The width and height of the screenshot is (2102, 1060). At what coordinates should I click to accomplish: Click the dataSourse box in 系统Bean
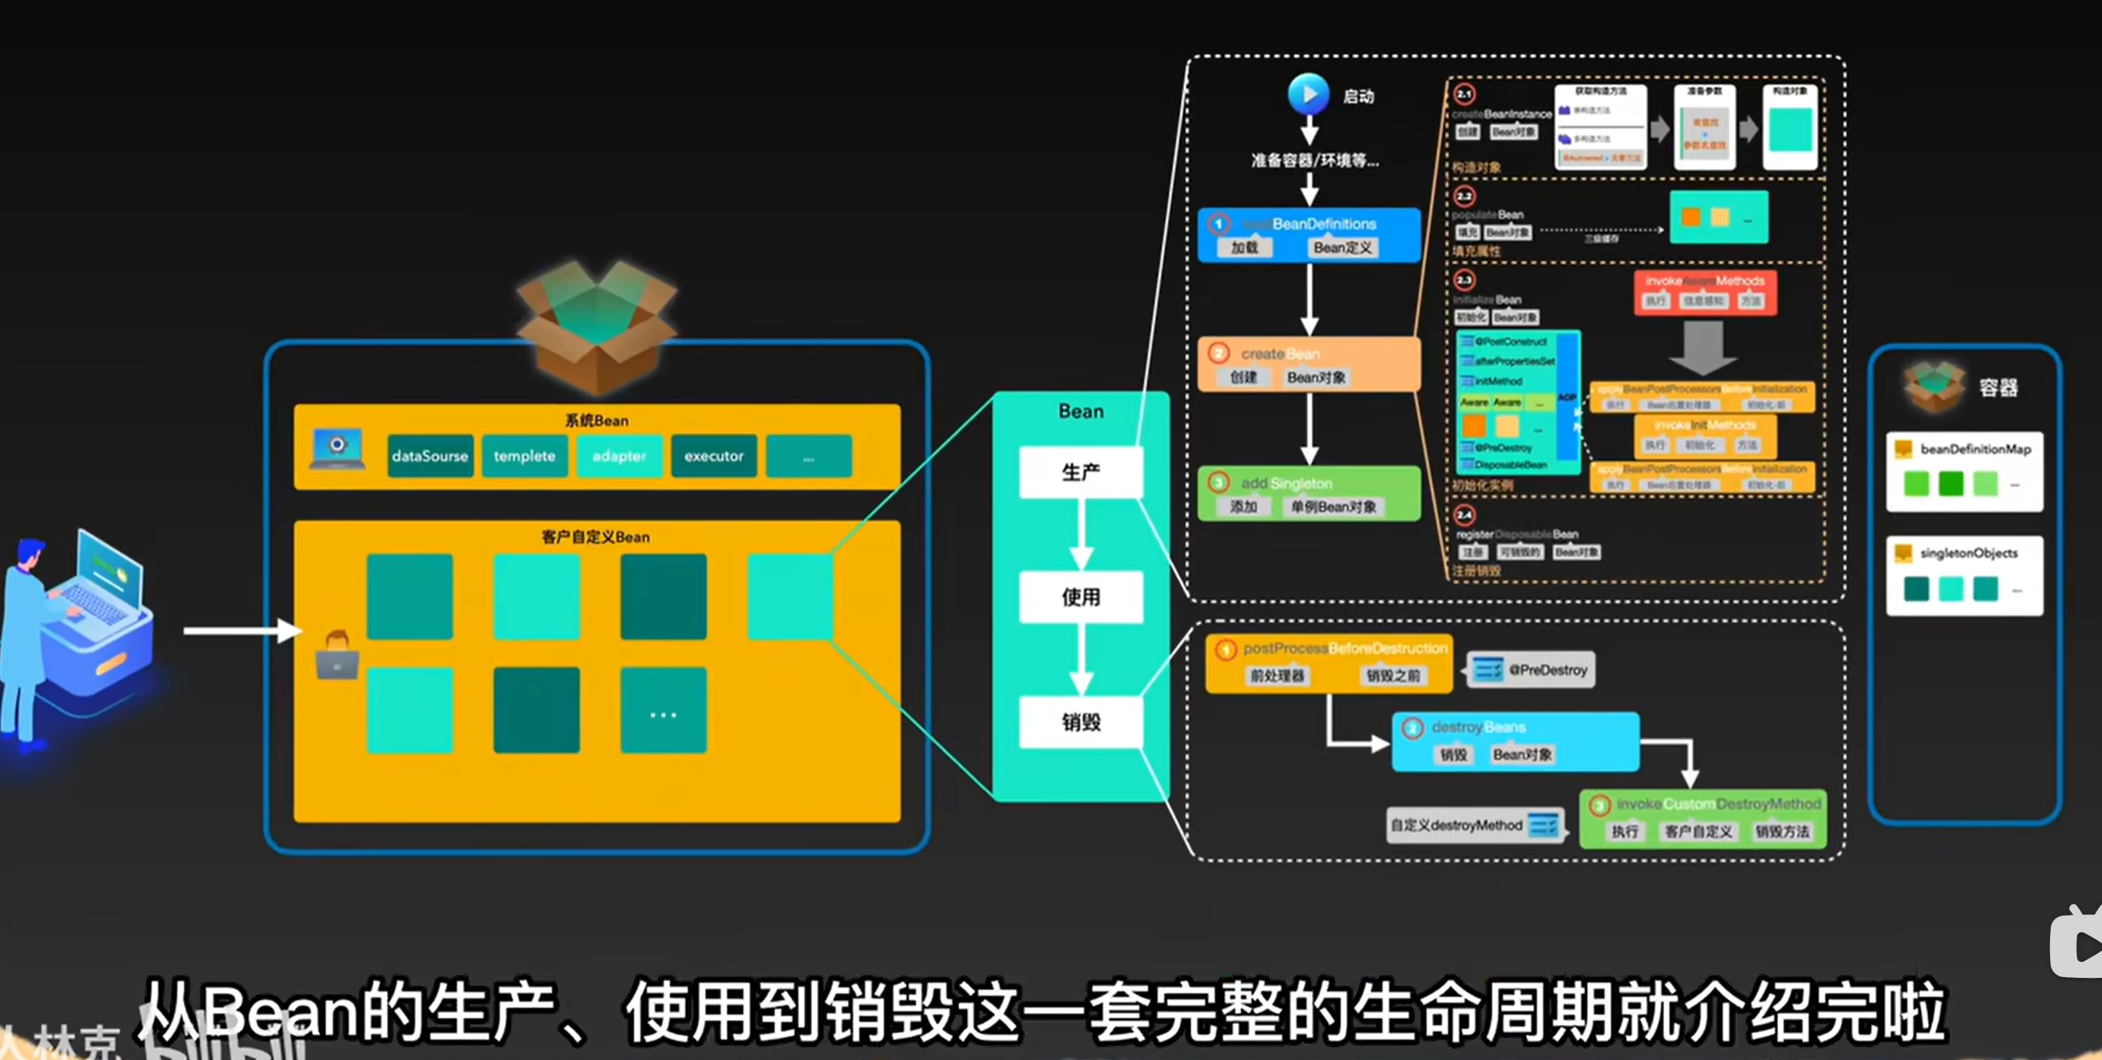coord(429,456)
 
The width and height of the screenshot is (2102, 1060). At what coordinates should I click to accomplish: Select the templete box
coord(524,456)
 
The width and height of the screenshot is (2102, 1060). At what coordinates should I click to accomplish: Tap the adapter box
coord(619,456)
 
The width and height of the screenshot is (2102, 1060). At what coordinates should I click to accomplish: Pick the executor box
coord(714,456)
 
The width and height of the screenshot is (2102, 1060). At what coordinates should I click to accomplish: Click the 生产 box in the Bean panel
coord(1080,471)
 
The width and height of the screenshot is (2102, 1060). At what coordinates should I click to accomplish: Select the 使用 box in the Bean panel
coord(1080,597)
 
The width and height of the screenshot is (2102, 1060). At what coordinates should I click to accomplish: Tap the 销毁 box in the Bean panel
coord(1080,721)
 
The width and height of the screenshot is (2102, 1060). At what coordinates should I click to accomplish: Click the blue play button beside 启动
coord(1308,95)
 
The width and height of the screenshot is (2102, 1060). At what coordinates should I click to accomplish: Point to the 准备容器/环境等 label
coord(1315,161)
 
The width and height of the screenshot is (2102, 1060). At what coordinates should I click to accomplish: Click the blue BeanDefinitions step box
coord(1309,235)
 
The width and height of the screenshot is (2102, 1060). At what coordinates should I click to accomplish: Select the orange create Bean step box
coord(1309,364)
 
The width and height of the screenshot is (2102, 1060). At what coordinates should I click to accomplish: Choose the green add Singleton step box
coord(1309,494)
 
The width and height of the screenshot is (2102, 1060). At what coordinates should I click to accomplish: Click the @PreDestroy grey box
coord(1531,670)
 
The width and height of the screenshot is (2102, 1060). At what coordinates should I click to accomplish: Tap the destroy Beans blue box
coord(1516,741)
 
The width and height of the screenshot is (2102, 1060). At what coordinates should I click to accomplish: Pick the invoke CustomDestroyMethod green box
coord(1703,818)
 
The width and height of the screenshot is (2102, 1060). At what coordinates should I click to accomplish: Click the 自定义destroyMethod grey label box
coord(1475,826)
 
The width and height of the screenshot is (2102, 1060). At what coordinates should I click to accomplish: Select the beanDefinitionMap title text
coord(1974,449)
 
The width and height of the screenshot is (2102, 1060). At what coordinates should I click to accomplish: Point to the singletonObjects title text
coord(1968,554)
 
